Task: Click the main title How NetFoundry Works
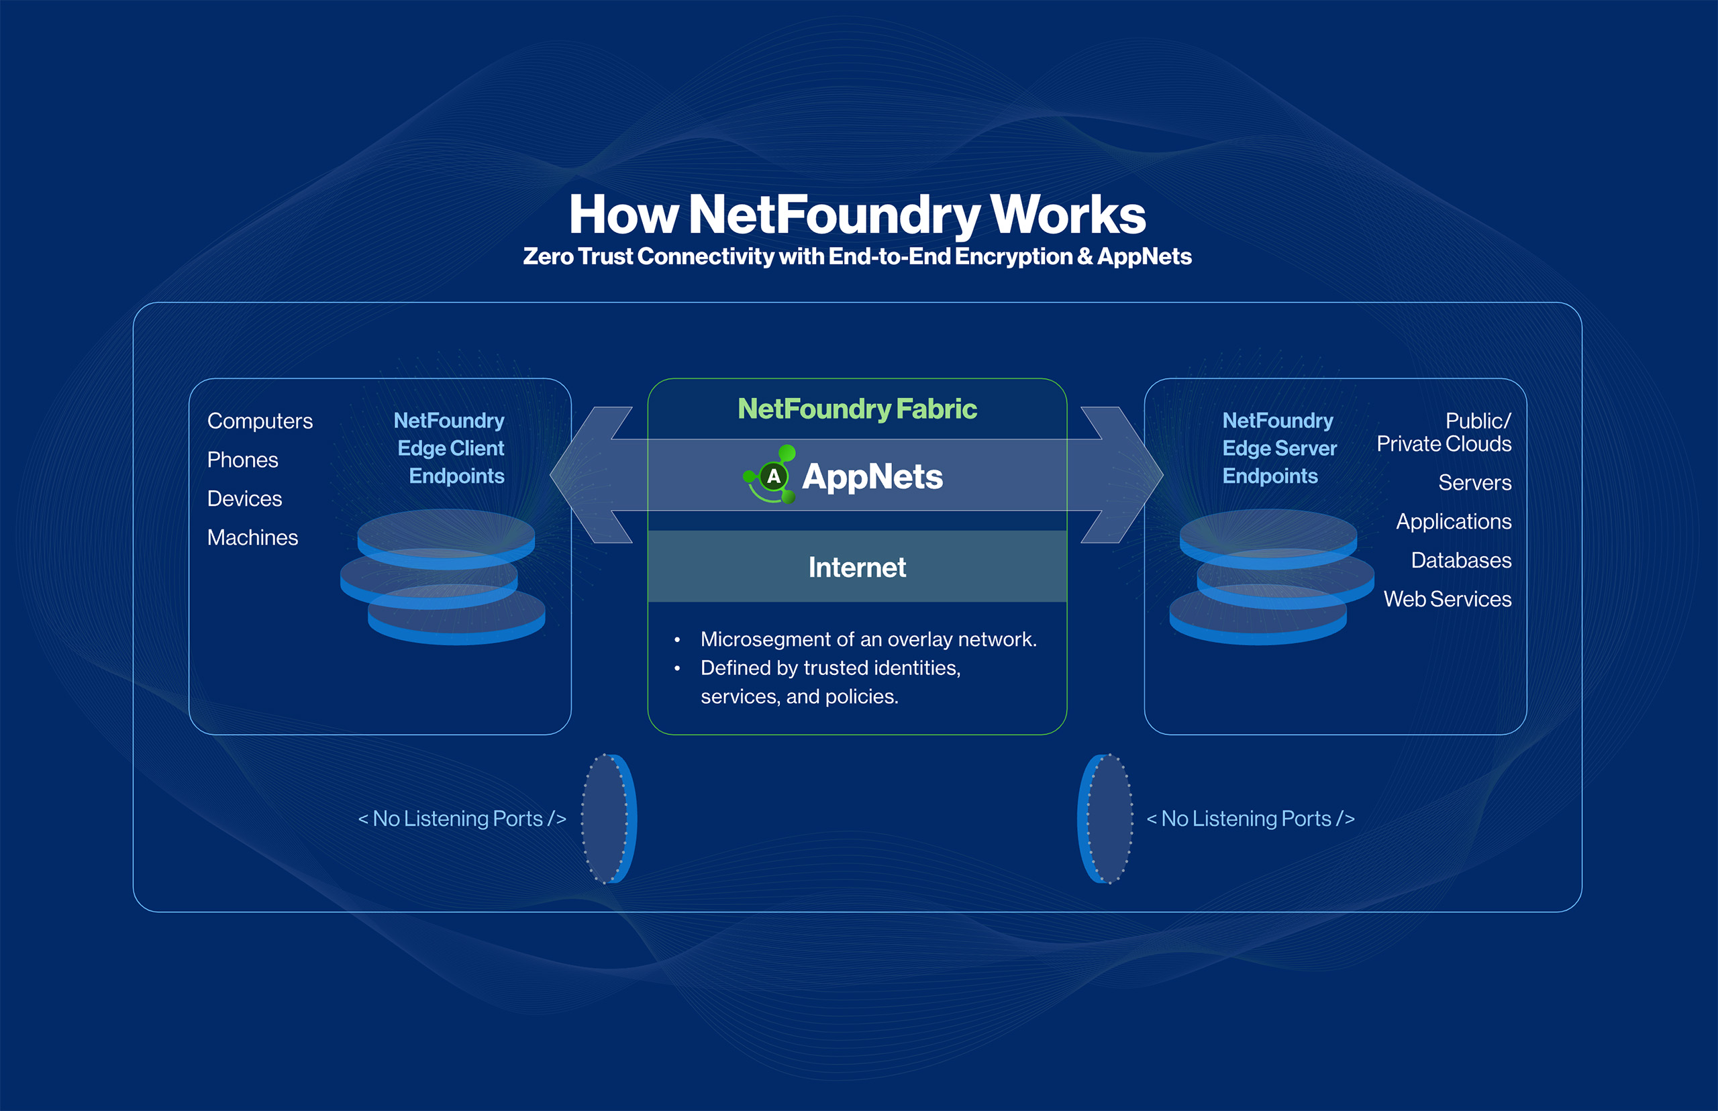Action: [x=857, y=214]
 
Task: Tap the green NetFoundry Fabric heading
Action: [x=857, y=409]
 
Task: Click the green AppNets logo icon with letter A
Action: [x=771, y=475]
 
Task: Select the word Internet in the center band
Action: [x=857, y=568]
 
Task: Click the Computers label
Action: [x=260, y=421]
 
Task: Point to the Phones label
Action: [x=242, y=460]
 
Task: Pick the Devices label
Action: [x=244, y=499]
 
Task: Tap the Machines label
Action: [x=252, y=538]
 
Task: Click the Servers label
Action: [x=1474, y=482]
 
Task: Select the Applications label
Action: [x=1453, y=521]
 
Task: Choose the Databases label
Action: [x=1460, y=561]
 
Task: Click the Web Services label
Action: [x=1447, y=600]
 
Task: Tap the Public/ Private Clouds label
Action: [x=1444, y=432]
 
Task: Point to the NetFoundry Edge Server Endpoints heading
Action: [x=1278, y=448]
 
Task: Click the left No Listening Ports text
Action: [x=462, y=818]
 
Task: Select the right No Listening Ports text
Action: [x=1250, y=818]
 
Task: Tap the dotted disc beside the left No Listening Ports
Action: [x=607, y=818]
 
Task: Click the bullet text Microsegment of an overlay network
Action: [x=868, y=640]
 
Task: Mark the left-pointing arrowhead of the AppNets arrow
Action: [x=585, y=475]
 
